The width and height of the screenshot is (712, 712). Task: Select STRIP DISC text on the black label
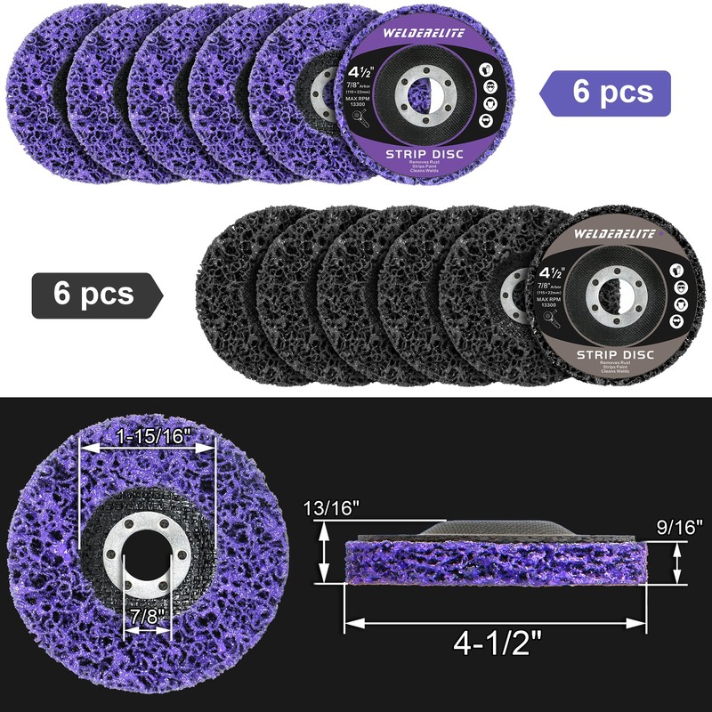pyautogui.click(x=617, y=354)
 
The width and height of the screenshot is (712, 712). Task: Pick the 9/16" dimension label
pyautogui.click(x=678, y=527)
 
